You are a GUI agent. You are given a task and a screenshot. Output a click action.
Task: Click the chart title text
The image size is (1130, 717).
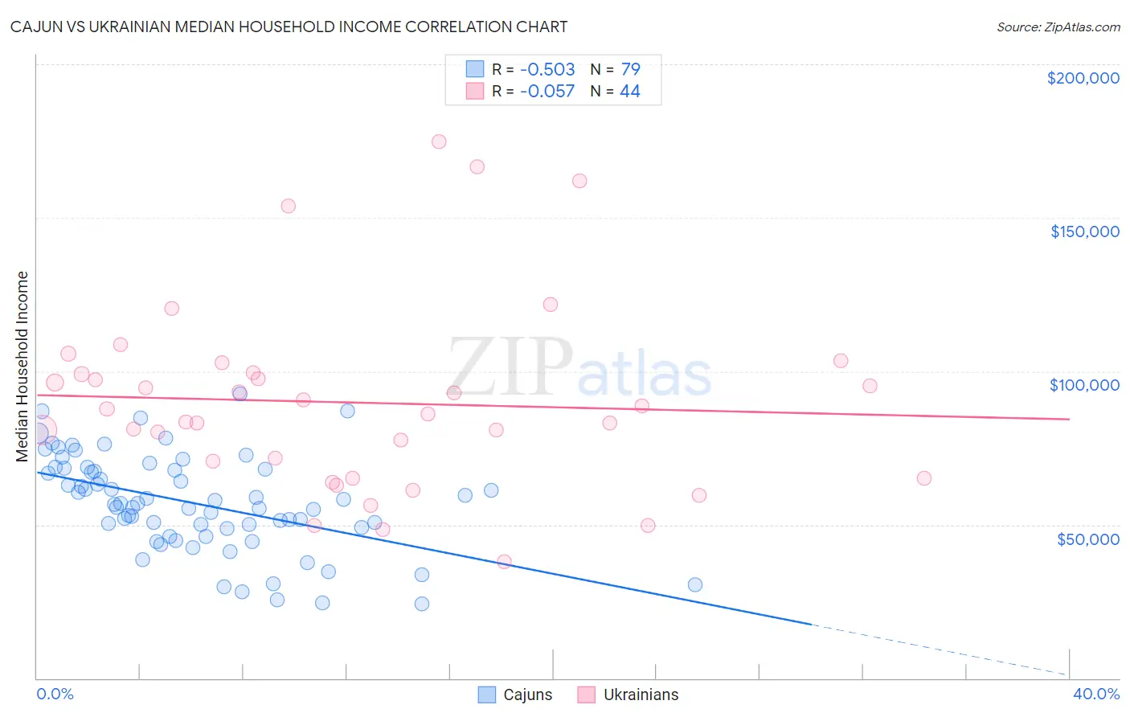(289, 27)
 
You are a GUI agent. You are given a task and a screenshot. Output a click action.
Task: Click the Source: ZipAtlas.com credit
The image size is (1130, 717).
(1058, 27)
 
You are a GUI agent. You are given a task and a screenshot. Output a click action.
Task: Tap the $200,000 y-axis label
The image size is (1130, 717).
(1083, 78)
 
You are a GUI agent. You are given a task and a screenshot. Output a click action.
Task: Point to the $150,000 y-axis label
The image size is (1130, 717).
(1084, 231)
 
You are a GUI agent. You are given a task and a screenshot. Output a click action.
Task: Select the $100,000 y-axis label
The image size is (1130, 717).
(1084, 385)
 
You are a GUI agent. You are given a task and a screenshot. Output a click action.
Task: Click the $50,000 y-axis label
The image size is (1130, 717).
(1087, 539)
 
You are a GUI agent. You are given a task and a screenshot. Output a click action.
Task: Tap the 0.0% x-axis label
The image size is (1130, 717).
(55, 694)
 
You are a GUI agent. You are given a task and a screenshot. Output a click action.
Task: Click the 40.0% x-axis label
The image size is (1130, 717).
(1095, 694)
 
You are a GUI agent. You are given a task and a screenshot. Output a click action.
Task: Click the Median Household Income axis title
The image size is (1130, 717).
(23, 367)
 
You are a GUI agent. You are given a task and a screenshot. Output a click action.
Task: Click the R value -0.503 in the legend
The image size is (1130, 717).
(547, 69)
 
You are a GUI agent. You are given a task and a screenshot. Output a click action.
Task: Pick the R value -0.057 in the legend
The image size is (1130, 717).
(547, 92)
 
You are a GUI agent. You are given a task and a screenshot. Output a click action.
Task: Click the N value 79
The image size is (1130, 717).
(630, 69)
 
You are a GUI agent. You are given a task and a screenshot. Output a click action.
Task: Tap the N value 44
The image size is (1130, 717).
(630, 92)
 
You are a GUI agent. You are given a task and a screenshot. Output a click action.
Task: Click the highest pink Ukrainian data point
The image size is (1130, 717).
(439, 141)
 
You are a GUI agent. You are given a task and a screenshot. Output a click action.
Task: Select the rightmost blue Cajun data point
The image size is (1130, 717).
(695, 584)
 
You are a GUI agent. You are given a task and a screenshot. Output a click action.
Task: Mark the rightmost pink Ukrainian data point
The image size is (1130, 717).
(924, 478)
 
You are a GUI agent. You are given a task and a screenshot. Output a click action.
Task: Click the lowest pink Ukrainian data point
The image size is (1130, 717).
(504, 562)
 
